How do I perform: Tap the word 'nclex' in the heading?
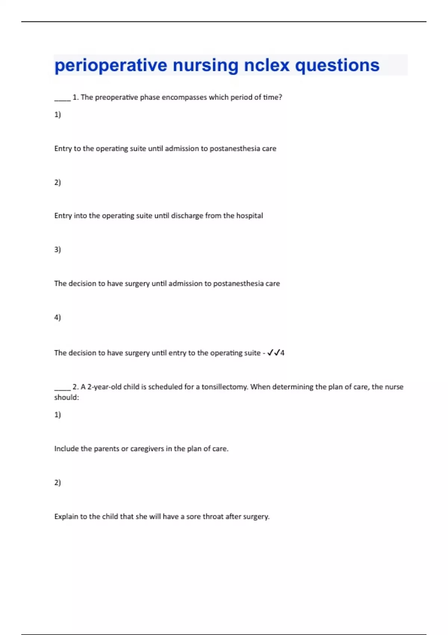point(267,65)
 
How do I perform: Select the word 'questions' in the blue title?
point(337,66)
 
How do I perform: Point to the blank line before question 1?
point(62,99)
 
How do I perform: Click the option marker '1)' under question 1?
point(57,115)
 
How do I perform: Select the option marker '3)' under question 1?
point(57,250)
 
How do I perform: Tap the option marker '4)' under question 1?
point(57,317)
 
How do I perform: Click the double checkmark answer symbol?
point(274,353)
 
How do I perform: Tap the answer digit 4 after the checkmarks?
point(282,353)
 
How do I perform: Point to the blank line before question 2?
point(62,389)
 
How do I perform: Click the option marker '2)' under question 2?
point(57,483)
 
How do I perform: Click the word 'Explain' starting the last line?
point(66,517)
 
